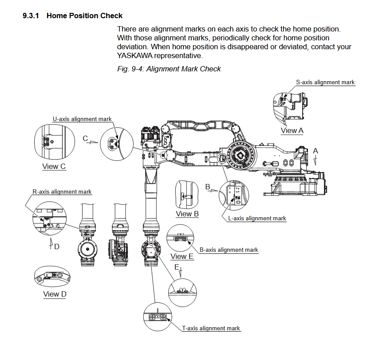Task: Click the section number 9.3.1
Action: coord(31,16)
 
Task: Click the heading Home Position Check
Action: coord(84,16)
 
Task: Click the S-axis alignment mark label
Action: coord(325,82)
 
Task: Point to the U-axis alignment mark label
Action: coord(82,119)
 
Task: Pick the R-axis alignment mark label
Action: coord(62,192)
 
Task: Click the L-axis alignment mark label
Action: coord(257,218)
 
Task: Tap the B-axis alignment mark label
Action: coord(229,250)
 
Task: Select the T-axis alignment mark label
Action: coord(211,328)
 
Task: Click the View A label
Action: coord(292,130)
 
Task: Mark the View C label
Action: coord(54,166)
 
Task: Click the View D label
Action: coord(55,294)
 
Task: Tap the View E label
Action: coord(182,256)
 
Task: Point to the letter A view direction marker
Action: coord(316,151)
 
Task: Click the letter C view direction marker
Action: coord(86,138)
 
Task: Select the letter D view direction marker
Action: coord(56,246)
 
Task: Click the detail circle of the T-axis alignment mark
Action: coord(158,317)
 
